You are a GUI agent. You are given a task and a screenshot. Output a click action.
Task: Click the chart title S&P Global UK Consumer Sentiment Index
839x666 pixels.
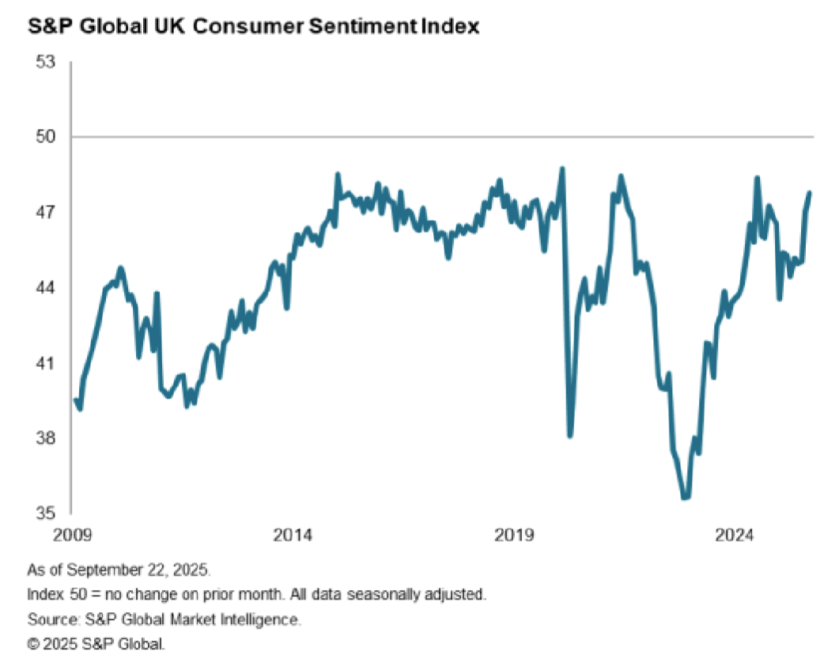[253, 26]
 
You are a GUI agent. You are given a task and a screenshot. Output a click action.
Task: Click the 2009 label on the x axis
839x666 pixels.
[72, 535]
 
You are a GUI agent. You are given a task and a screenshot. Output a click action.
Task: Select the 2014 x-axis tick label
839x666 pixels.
[295, 535]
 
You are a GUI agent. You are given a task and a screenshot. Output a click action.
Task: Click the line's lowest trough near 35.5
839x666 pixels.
[685, 498]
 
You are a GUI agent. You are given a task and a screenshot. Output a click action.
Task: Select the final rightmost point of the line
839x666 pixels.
[811, 192]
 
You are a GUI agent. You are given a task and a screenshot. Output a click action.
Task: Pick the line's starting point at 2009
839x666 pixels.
[75, 400]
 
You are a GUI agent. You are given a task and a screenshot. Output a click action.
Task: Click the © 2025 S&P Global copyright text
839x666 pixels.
[96, 644]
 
